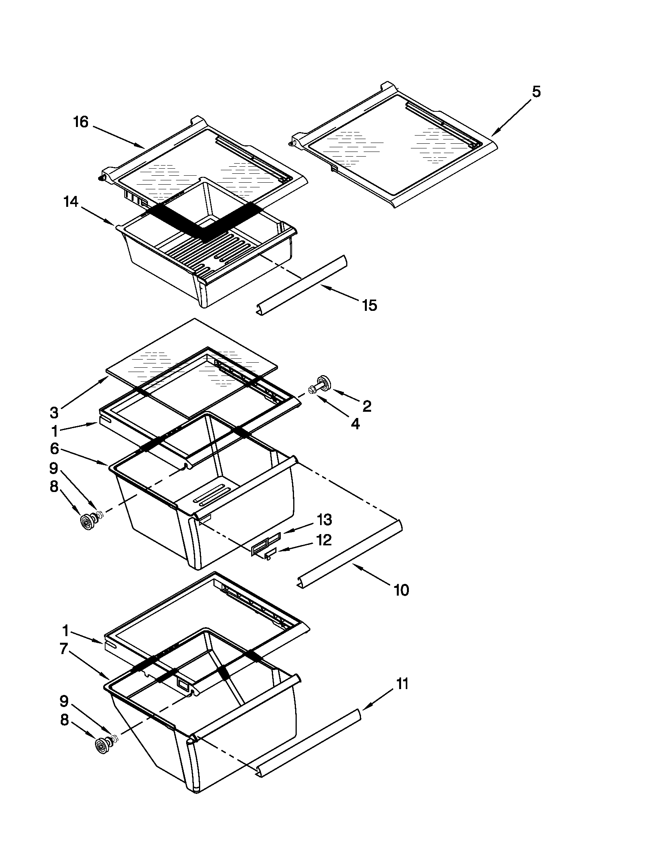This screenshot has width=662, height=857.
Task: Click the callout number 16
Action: [81, 122]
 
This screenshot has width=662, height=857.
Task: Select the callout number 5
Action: [536, 92]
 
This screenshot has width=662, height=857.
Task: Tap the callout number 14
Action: [71, 202]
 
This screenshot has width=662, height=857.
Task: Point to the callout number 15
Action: [370, 305]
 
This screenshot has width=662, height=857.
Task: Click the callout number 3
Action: [54, 413]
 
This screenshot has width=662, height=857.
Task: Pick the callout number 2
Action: [367, 406]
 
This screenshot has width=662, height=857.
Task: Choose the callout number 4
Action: [355, 424]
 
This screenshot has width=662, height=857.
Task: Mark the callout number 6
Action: [54, 448]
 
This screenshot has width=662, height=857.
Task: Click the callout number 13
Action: [324, 520]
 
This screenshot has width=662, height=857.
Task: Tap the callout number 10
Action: [401, 590]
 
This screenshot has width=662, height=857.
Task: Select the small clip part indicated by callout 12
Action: [270, 555]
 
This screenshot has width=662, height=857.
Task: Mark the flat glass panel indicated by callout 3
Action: [192, 345]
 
